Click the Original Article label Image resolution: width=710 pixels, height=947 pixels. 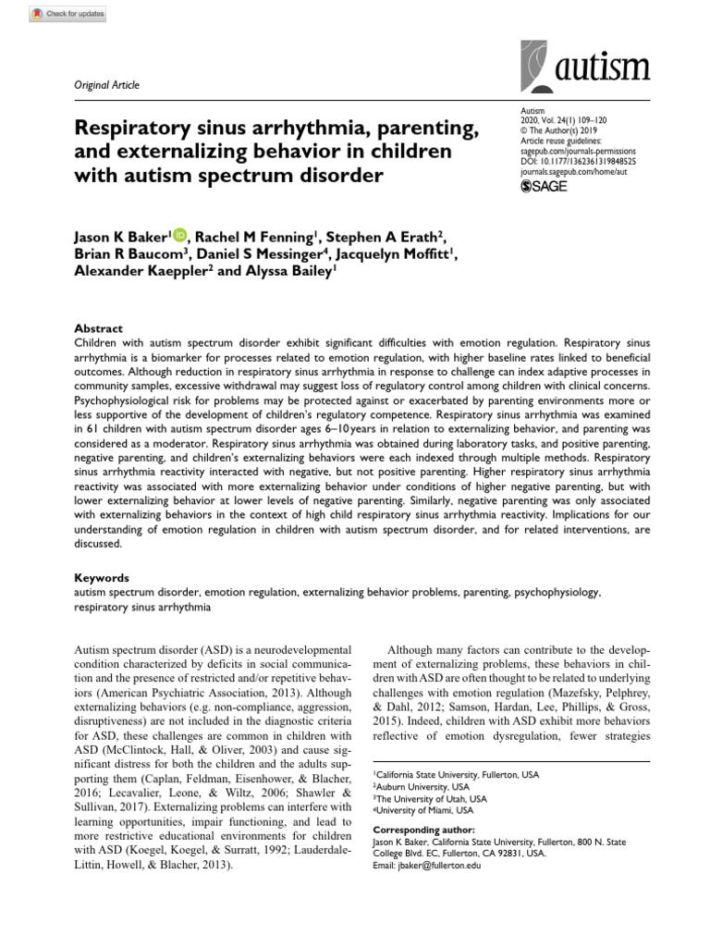[x=106, y=85]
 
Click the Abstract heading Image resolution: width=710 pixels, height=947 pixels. [x=98, y=328]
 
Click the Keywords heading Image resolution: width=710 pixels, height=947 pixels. [x=101, y=577]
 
